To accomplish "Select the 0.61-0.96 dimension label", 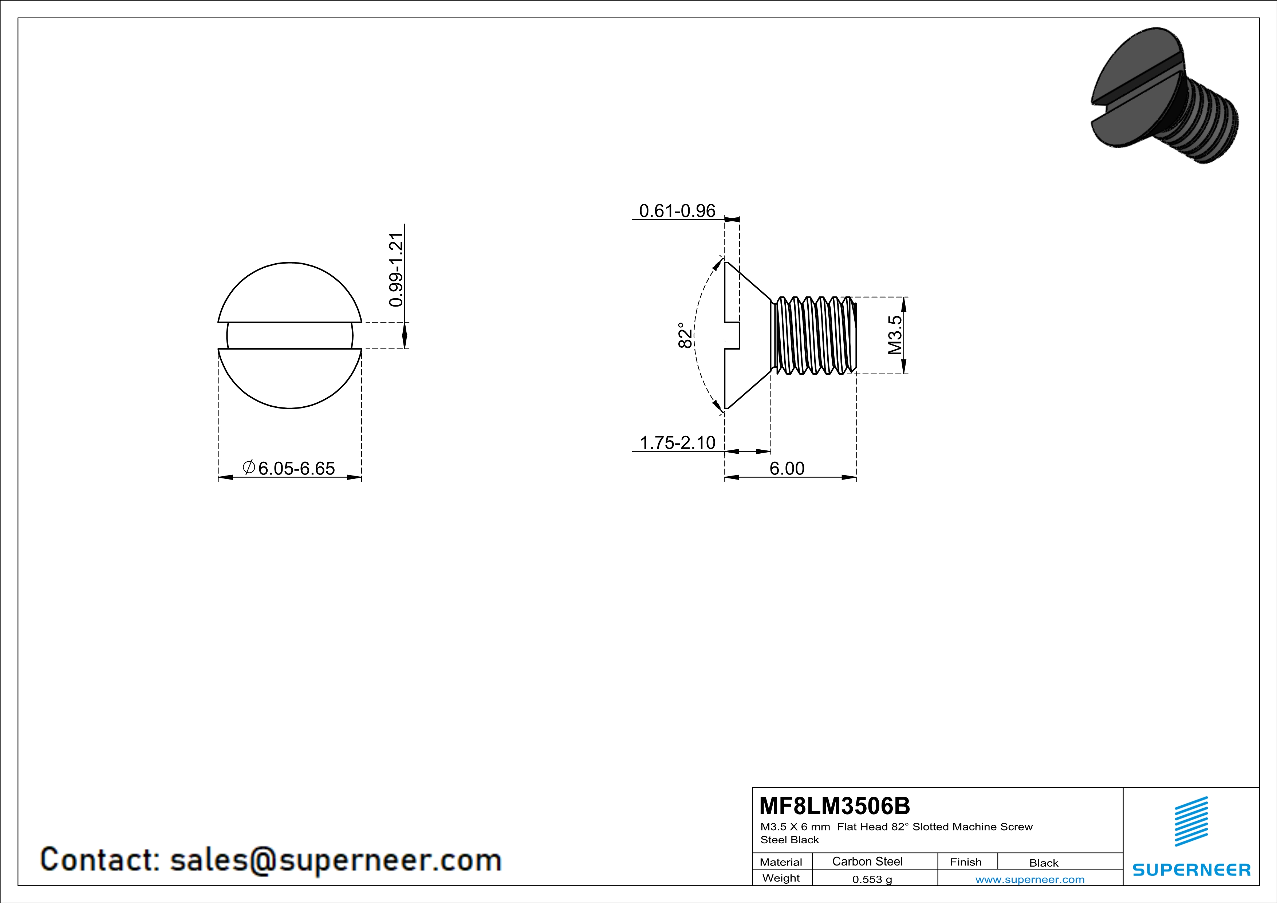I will pos(677,211).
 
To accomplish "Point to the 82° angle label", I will pos(685,335).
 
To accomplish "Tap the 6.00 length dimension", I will pos(787,468).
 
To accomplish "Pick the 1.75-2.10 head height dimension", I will pos(677,443).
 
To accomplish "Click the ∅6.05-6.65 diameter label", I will pos(289,468).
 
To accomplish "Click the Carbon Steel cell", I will pos(867,861).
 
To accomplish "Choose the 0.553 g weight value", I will pos(871,879).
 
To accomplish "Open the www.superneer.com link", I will pos(1029,879).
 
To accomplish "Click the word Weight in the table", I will pos(781,878).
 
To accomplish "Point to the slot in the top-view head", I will pos(289,336).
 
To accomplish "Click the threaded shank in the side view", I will pos(813,335).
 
